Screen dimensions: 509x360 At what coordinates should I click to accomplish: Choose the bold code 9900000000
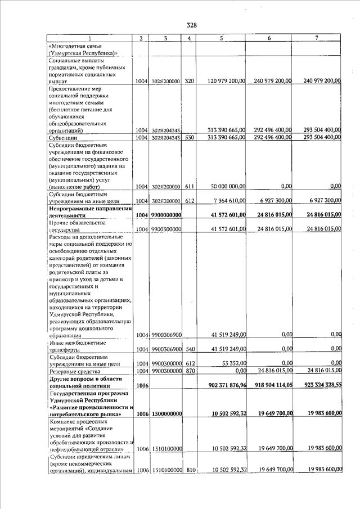165,215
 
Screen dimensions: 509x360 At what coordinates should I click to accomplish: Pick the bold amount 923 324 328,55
320,385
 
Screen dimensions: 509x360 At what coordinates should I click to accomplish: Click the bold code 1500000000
165,414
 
